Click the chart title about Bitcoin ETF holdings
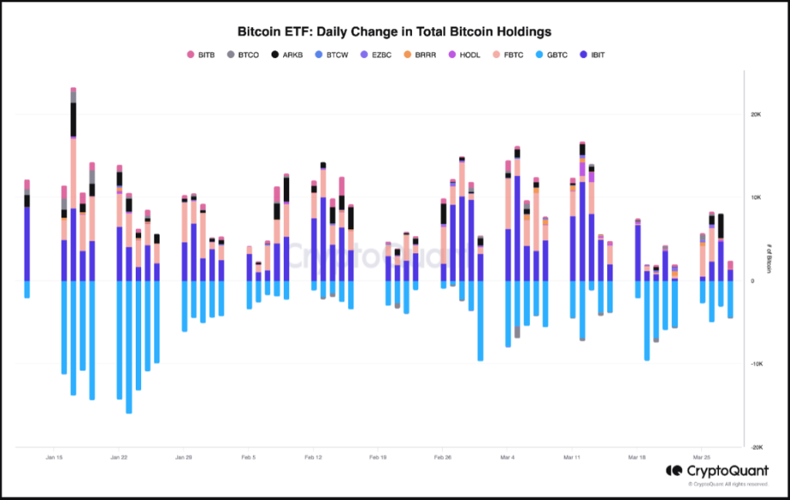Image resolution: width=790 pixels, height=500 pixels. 394,32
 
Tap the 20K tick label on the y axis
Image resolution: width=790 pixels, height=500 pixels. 756,114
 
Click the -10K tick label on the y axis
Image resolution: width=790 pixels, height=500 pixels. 755,364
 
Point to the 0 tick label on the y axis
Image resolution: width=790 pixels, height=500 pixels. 752,281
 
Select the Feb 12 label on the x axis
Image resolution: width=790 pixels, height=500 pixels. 312,458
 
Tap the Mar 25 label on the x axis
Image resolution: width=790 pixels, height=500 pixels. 701,458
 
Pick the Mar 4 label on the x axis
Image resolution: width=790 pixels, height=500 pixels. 507,458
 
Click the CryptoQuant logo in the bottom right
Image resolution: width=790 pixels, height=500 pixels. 717,470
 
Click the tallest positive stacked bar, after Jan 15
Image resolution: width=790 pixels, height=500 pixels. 73,185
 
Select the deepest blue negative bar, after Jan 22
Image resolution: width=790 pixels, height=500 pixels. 129,347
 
